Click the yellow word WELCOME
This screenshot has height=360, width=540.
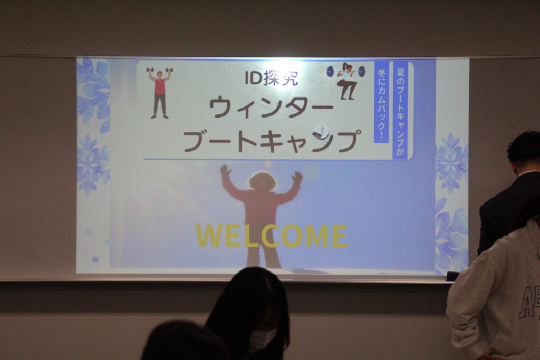pyautogui.click(x=272, y=236)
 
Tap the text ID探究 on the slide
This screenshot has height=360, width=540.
pyautogui.click(x=272, y=78)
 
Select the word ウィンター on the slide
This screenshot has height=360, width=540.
pyautogui.click(x=272, y=108)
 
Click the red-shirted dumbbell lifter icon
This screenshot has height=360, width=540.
pyautogui.click(x=159, y=93)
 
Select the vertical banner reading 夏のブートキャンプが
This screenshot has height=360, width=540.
pyautogui.click(x=400, y=110)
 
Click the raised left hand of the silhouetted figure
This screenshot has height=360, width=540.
pyautogui.click(x=226, y=171)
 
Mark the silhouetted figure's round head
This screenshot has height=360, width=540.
pyautogui.click(x=263, y=181)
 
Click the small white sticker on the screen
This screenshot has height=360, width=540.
pyautogui.click(x=321, y=132)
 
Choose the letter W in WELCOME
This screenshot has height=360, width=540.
pyautogui.click(x=209, y=236)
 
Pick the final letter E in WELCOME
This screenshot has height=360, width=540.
pyautogui.click(x=340, y=236)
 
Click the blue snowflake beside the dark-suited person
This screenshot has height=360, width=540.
pyautogui.click(x=451, y=162)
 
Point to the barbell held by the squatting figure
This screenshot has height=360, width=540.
pyautogui.click(x=346, y=72)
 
